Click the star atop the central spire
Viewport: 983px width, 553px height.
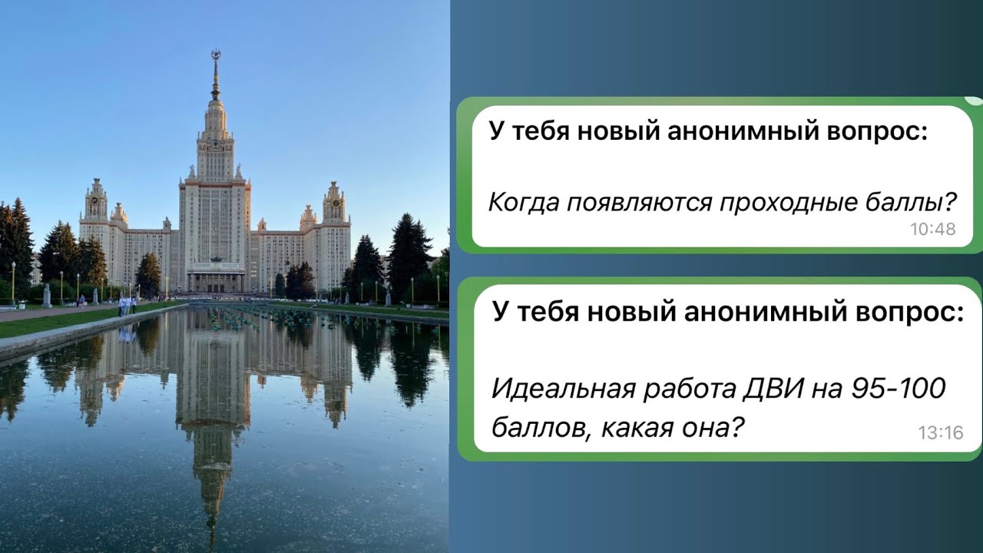click(216, 55)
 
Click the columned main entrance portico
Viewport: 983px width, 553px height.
click(215, 278)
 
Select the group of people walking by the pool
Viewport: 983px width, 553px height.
click(125, 305)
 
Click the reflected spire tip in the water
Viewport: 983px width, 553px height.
click(211, 530)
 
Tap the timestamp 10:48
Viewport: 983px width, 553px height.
click(932, 229)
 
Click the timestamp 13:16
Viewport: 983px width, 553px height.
click(940, 433)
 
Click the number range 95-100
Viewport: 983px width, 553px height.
click(899, 390)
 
